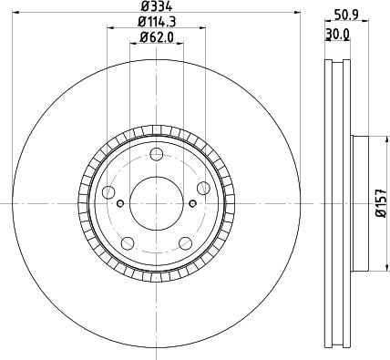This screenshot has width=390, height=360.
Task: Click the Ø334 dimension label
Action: (x=157, y=5)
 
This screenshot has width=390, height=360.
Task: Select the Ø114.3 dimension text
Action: (x=157, y=22)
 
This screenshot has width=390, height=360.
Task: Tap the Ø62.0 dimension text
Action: (x=157, y=37)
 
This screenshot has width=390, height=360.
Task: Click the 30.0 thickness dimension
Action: (x=338, y=34)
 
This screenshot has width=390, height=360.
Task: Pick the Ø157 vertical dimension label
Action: (x=381, y=203)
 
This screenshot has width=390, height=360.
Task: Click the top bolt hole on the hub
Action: (x=157, y=154)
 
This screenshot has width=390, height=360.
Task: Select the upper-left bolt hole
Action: (x=108, y=192)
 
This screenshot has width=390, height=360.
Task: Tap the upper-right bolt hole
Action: (x=203, y=188)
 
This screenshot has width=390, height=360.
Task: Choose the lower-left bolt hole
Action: (x=128, y=243)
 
